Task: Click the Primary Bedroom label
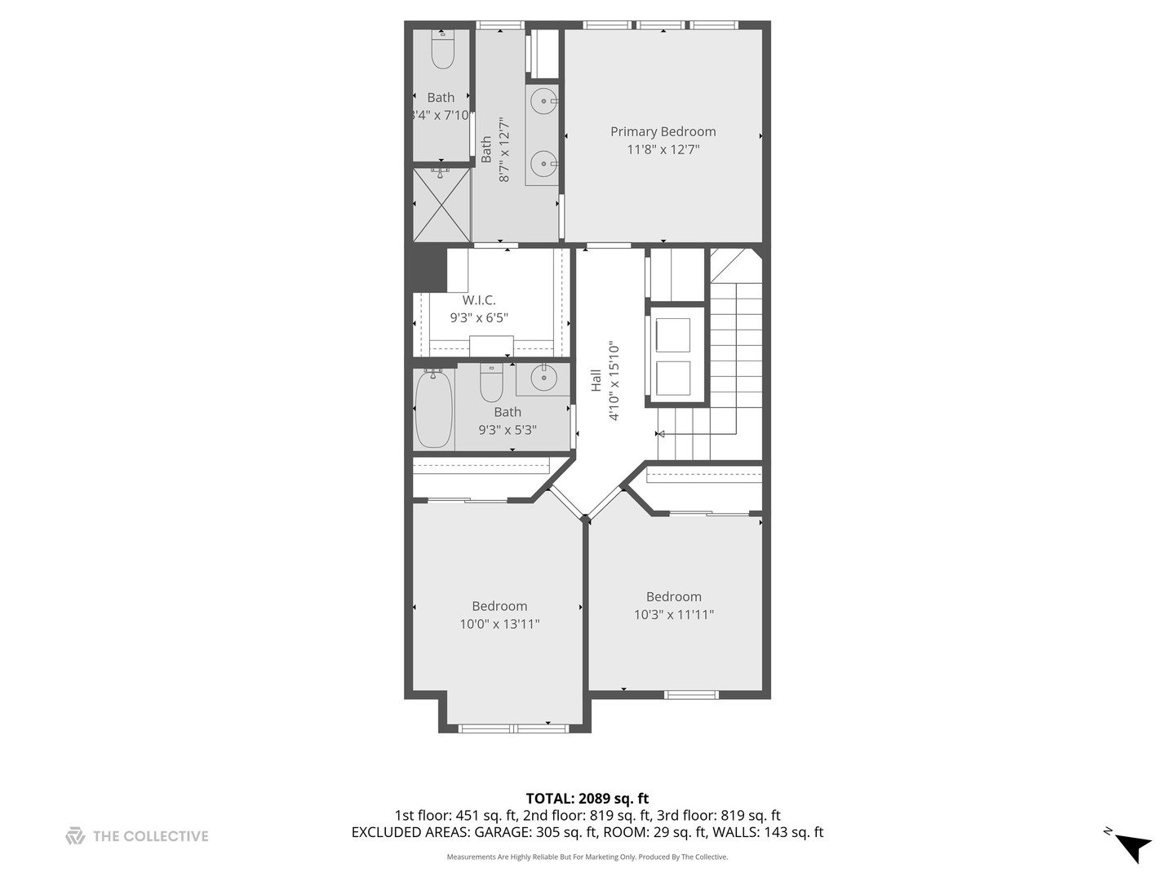click(663, 131)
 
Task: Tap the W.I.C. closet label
click(478, 300)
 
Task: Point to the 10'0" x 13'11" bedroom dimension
click(499, 624)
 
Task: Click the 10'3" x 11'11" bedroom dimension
click(673, 614)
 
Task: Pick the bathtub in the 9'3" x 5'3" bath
click(433, 410)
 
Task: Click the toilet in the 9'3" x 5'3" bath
click(491, 383)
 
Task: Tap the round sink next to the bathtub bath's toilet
click(543, 378)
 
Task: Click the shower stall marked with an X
click(442, 205)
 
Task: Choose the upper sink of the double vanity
click(544, 100)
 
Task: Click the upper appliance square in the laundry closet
click(673, 335)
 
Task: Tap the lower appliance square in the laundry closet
click(673, 379)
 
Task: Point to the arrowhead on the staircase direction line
click(661, 434)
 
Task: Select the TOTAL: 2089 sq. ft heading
click(587, 799)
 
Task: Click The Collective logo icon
click(75, 836)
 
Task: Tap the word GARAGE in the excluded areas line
click(503, 832)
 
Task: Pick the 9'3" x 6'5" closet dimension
click(478, 318)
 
